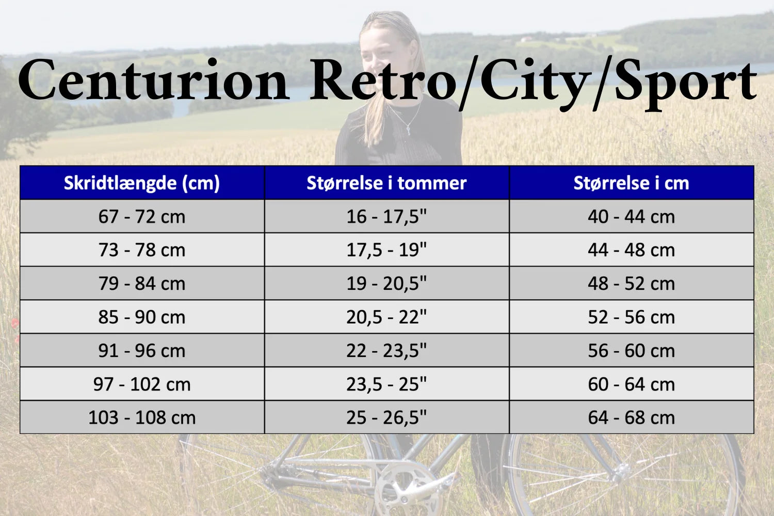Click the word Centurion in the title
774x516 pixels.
tap(153, 80)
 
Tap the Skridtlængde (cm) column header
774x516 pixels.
tap(142, 183)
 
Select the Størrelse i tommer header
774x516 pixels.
tap(386, 183)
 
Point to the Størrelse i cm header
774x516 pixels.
tap(631, 183)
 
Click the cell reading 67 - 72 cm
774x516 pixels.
tap(142, 216)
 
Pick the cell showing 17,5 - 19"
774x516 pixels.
tap(386, 250)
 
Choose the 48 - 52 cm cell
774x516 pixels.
tap(631, 283)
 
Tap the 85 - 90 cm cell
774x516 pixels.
tap(142, 317)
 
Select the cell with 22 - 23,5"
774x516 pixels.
tap(386, 350)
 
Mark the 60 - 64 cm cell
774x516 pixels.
tap(631, 384)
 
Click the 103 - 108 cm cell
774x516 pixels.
tap(142, 417)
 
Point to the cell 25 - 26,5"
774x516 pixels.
tap(386, 417)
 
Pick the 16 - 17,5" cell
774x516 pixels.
tap(386, 216)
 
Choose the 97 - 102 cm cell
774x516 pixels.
tap(142, 384)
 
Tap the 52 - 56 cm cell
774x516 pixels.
tap(631, 317)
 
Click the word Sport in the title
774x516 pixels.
tap(686, 85)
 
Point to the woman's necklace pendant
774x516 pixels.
tap(409, 130)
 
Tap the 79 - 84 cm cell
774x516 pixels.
tap(142, 283)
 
